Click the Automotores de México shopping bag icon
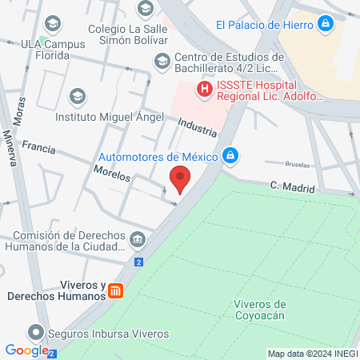click(230, 155)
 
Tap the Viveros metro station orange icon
click(117, 291)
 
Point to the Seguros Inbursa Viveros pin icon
click(35, 332)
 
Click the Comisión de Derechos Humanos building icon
click(138, 238)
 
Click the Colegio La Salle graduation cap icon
click(145, 9)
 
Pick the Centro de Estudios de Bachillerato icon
click(162, 61)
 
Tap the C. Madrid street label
click(293, 186)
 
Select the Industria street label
click(197, 126)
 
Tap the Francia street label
click(38, 147)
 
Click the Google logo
click(26, 350)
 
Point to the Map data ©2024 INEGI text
click(311, 354)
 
